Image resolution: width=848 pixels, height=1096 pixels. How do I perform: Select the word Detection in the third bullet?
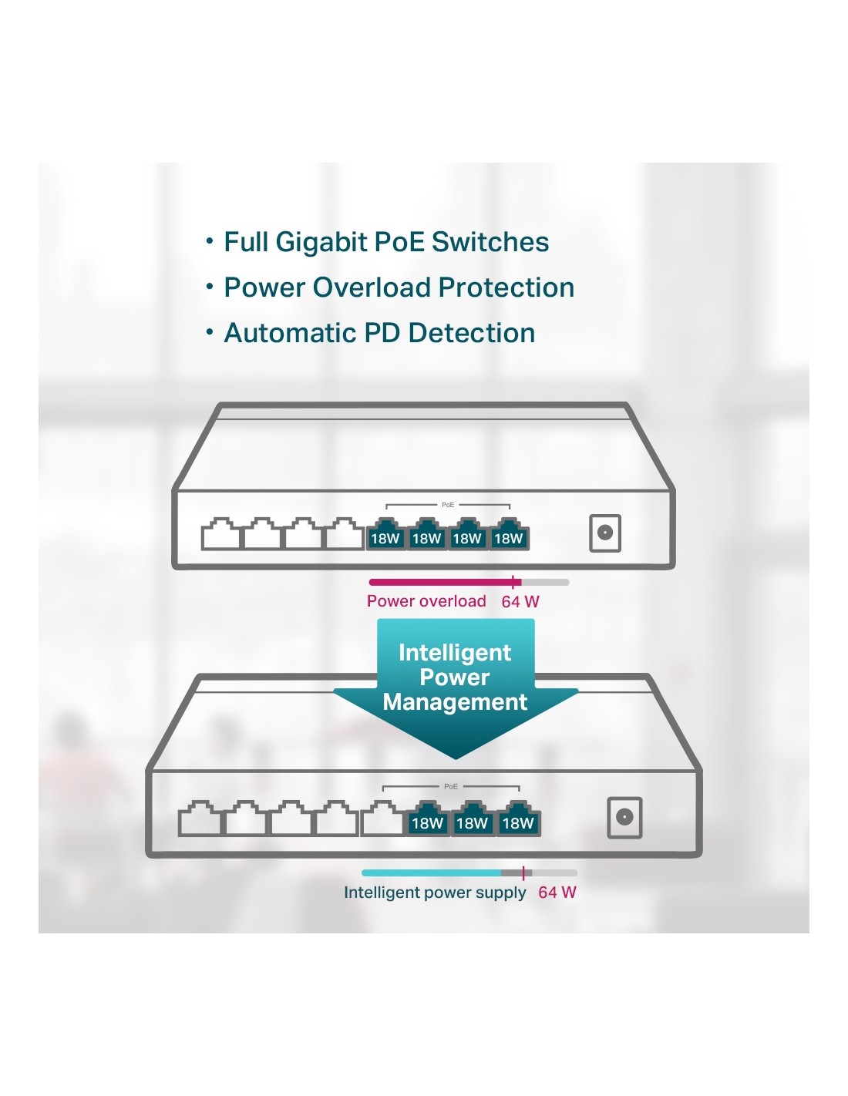click(471, 333)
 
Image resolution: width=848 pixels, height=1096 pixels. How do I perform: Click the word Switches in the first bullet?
click(490, 242)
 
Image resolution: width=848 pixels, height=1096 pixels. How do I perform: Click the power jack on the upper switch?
click(605, 533)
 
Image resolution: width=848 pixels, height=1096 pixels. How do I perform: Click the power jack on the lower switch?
click(624, 817)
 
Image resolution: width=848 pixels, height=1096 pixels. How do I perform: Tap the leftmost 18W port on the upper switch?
click(385, 536)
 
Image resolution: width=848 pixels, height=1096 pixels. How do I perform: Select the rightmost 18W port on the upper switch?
click(508, 536)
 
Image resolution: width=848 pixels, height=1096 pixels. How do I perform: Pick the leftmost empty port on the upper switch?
click(221, 534)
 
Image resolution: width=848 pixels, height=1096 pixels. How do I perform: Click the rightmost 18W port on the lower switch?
click(518, 820)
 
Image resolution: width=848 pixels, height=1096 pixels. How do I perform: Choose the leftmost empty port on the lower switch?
click(199, 819)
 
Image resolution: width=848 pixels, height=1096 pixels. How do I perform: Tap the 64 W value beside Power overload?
click(520, 602)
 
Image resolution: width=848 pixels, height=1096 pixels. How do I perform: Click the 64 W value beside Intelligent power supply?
click(557, 893)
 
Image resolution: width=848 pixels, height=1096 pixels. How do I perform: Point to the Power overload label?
click(426, 601)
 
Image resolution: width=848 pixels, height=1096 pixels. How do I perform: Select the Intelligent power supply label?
click(435, 893)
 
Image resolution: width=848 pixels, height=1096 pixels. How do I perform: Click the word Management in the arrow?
click(455, 702)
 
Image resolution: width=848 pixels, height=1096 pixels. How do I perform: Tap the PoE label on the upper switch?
click(448, 505)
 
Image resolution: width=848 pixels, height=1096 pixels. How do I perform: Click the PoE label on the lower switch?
click(451, 786)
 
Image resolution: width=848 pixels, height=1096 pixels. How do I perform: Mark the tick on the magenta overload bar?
click(513, 582)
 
